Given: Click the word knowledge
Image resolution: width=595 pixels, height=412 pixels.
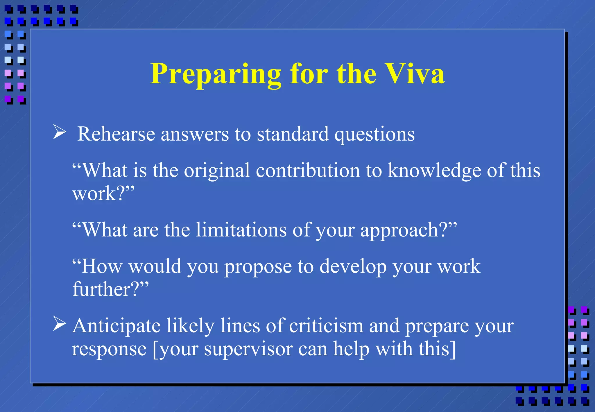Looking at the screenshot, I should tap(434, 171).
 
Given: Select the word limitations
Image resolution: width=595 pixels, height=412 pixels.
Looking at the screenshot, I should tap(241, 230).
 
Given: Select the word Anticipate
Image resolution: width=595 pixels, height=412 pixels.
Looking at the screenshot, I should tap(116, 326).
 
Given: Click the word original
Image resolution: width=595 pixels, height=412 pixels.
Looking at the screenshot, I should tap(217, 171).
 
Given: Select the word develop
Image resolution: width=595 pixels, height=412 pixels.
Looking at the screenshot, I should tap(353, 267).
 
